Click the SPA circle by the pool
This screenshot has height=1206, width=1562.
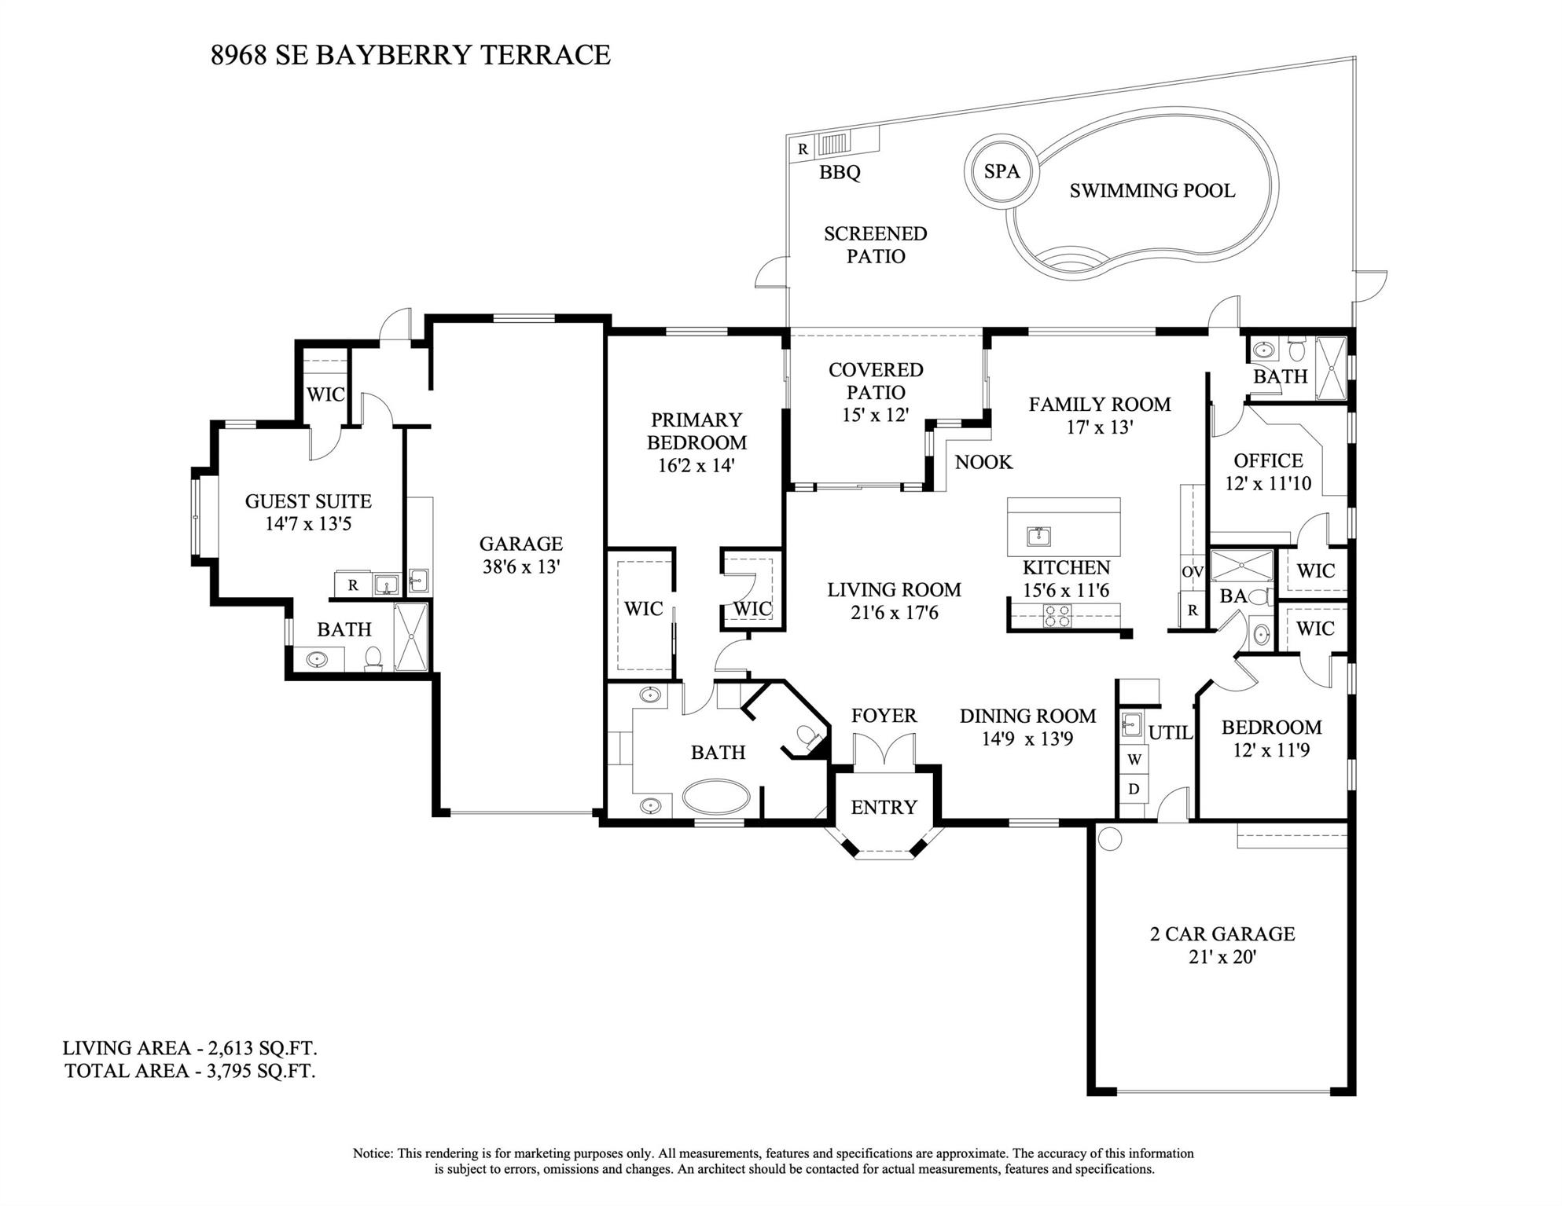point(1002,171)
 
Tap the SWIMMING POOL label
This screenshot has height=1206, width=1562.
point(1152,191)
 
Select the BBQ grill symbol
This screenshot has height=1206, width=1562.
point(835,145)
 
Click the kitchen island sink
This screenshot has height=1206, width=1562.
point(1038,537)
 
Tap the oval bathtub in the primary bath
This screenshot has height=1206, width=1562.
point(716,797)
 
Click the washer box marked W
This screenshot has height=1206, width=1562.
point(1134,760)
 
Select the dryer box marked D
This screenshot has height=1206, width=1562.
point(1134,789)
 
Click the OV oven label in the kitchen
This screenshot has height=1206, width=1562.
point(1192,572)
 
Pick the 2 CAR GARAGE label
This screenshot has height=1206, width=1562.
point(1222,934)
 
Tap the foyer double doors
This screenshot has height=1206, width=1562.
point(884,749)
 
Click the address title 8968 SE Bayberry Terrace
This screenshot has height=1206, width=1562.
point(410,55)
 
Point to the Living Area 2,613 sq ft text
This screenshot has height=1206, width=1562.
point(190,1048)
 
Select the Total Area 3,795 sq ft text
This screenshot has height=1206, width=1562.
point(190,1071)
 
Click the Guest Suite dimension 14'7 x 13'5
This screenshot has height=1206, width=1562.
point(308,524)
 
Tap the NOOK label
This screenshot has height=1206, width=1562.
point(983,462)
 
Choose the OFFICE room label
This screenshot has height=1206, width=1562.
point(1268,460)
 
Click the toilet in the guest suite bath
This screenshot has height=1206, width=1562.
point(374,658)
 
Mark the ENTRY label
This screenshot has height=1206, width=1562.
point(884,807)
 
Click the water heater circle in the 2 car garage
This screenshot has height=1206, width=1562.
point(1109,838)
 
